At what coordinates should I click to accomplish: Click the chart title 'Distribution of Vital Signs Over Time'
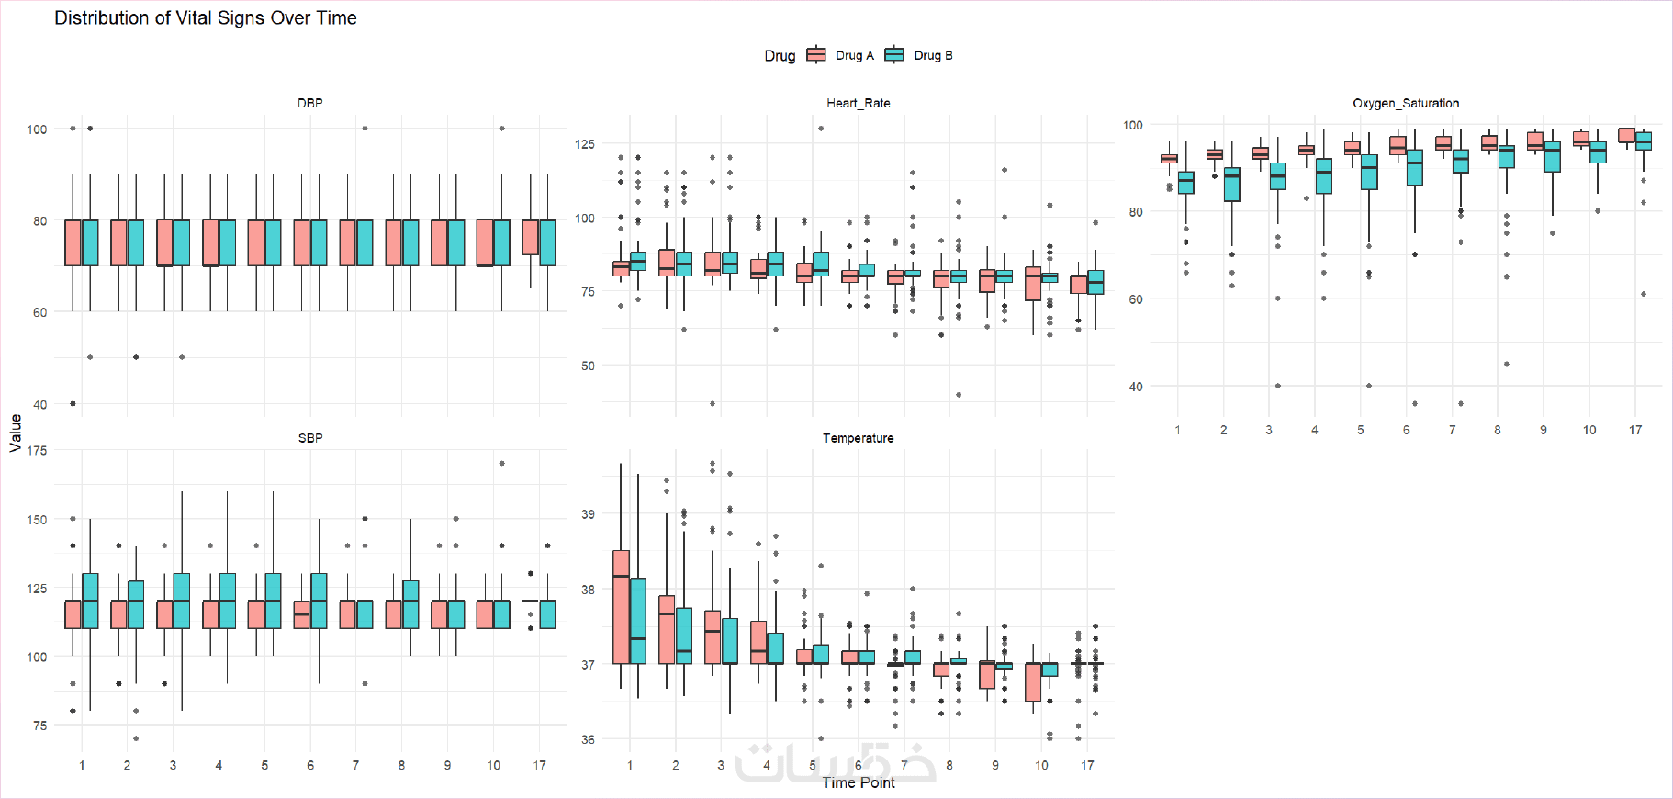(206, 18)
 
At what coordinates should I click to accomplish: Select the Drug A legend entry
(841, 55)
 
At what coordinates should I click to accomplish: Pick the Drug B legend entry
(919, 55)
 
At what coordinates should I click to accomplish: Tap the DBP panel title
(310, 103)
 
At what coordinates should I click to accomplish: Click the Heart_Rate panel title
(858, 103)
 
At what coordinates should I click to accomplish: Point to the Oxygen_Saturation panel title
(1405, 103)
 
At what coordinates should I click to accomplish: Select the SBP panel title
(310, 438)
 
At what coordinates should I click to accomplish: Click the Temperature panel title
(858, 438)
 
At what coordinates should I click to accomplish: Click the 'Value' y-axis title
(16, 433)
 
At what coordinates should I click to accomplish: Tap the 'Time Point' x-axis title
(858, 782)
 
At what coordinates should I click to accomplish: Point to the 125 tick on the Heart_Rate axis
(585, 144)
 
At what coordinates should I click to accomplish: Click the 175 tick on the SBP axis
(37, 450)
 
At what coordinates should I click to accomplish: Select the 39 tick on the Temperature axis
(588, 514)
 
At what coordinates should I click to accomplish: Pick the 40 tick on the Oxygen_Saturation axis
(1136, 387)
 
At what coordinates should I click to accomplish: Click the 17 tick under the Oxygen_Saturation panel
(1634, 430)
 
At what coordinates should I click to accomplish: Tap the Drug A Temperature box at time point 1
(621, 606)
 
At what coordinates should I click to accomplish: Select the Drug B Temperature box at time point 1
(638, 620)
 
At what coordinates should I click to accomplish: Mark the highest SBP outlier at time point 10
(501, 464)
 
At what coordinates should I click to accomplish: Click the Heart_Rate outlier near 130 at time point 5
(821, 129)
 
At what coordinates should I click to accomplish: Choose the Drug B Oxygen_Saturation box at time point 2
(1231, 185)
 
